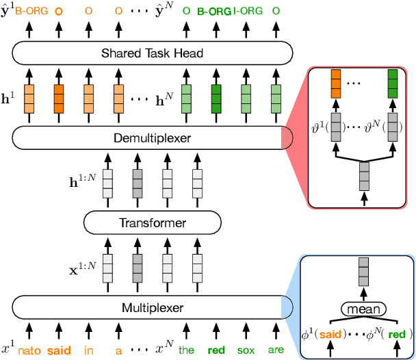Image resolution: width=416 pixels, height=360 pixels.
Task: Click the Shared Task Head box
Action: (x=151, y=52)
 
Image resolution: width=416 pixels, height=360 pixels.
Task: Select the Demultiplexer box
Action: (x=151, y=139)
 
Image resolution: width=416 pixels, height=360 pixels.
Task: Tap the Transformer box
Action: (x=153, y=222)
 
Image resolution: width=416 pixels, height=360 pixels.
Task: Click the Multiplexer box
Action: (x=151, y=308)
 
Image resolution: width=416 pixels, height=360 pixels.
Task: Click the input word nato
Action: (x=29, y=350)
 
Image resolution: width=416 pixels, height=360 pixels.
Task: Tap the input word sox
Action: (x=246, y=350)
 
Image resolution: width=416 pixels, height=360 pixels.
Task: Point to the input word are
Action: (x=275, y=350)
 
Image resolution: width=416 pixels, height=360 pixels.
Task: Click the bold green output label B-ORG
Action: (x=213, y=12)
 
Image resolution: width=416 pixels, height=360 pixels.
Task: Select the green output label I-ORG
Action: (x=246, y=12)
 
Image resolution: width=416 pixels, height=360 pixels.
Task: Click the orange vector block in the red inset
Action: (x=336, y=83)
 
